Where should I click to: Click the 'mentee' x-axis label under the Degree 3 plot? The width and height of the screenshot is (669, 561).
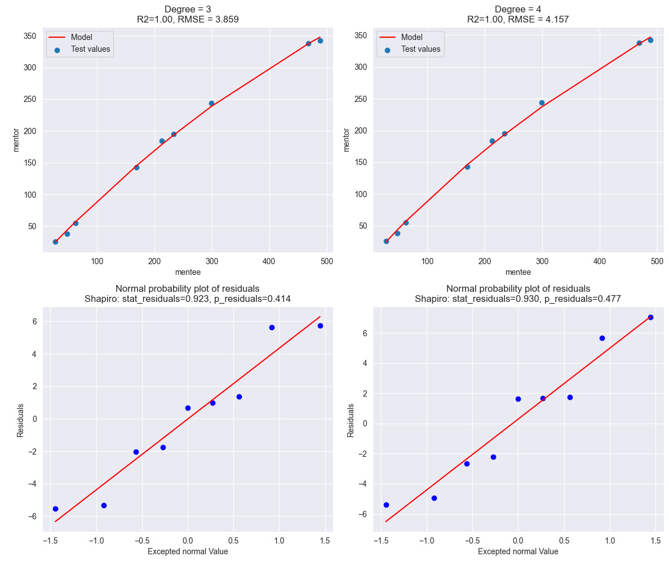(x=188, y=272)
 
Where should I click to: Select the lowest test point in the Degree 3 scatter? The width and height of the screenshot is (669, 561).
(x=55, y=242)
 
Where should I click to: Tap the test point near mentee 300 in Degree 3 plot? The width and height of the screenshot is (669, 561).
(x=211, y=103)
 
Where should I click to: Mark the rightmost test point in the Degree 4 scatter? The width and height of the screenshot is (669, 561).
(x=650, y=40)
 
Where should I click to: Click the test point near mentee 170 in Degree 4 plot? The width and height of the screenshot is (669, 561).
(x=467, y=167)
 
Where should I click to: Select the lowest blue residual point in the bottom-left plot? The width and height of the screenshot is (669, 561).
(x=55, y=509)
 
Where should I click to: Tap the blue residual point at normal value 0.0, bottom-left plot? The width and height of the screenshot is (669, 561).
(x=188, y=408)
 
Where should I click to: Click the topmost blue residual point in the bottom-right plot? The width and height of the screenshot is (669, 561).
(x=650, y=317)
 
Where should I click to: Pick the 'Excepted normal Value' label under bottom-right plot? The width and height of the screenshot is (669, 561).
(x=518, y=551)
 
